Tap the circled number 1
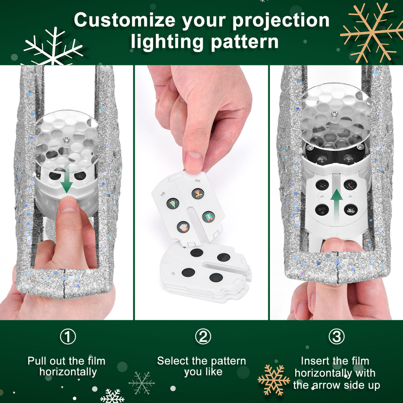click(68, 337)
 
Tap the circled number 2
click(203, 337)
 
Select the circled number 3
click(336, 337)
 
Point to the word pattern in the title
click(244, 41)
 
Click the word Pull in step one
click(36, 361)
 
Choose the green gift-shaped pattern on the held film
click(208, 216)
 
